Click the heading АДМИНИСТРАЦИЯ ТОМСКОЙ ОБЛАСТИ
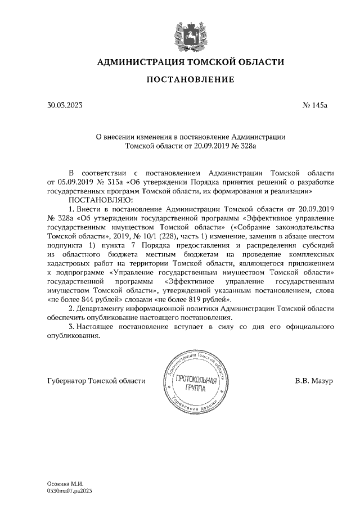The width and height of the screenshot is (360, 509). tap(190, 61)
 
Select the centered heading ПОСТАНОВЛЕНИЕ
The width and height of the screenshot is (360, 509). tap(190, 80)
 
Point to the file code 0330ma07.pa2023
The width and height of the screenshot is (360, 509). tap(70, 491)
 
